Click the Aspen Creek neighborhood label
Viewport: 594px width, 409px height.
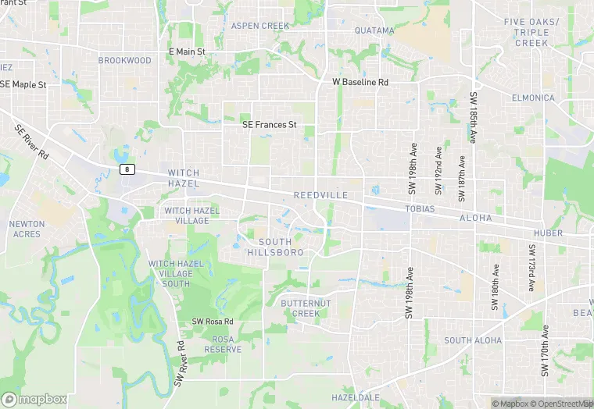(260, 26)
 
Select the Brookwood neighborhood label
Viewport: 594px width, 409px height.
(125, 60)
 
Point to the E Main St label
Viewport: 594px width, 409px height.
(187, 52)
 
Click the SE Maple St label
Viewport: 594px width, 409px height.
(23, 84)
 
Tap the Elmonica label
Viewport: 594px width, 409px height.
(533, 98)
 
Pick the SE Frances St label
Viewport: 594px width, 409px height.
(270, 124)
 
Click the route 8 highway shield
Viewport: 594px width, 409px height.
(127, 169)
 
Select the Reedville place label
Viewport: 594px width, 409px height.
(317, 194)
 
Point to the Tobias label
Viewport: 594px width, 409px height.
(419, 209)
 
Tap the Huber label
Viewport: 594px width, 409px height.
(548, 233)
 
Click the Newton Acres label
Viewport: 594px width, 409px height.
(27, 229)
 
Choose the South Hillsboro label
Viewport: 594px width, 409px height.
(275, 247)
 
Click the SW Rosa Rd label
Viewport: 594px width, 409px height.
(213, 322)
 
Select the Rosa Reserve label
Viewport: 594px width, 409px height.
(223, 344)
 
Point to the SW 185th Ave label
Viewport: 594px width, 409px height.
(474, 118)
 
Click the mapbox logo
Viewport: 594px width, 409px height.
(34, 399)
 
